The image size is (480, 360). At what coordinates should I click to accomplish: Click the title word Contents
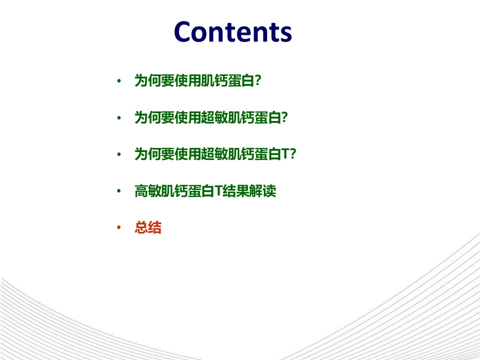point(232,31)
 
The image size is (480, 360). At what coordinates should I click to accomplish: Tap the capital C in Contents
point(183,31)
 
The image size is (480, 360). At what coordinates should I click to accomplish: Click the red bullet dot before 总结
point(119,227)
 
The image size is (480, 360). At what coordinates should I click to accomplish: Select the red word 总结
point(148,227)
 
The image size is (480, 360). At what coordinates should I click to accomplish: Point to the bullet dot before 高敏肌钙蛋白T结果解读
point(119,191)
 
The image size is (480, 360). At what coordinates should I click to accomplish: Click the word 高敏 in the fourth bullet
point(148,191)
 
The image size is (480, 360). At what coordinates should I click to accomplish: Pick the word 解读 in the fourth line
point(262,191)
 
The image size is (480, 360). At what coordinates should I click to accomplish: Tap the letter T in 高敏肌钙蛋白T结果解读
point(218,190)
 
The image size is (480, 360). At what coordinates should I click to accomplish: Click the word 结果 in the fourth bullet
point(235,191)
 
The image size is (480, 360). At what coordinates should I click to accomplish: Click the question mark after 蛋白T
point(293,154)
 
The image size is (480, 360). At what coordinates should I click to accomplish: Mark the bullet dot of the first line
point(119,81)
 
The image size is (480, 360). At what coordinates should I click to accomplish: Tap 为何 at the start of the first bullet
point(148,81)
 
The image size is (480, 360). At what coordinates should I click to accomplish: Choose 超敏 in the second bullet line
point(214,117)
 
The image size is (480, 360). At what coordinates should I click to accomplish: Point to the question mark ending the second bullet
point(284,117)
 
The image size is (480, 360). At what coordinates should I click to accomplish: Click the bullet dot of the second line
point(119,118)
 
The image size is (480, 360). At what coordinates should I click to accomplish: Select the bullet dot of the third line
point(119,154)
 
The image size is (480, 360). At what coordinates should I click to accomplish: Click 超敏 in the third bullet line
point(214,154)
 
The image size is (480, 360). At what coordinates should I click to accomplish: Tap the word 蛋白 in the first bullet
point(241,81)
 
